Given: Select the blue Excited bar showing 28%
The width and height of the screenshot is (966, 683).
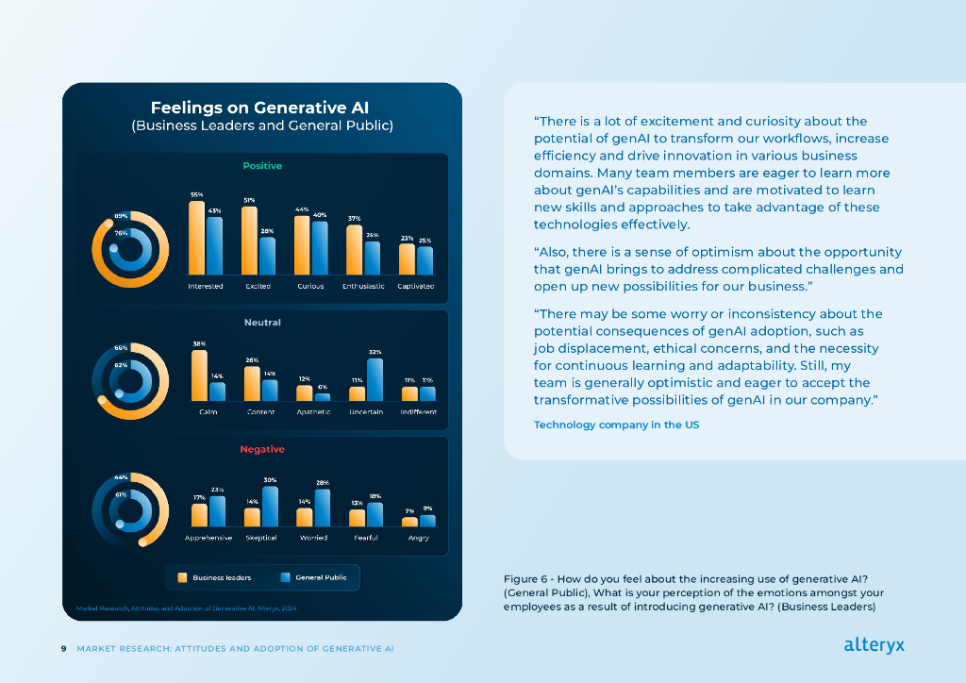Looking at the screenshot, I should click(x=267, y=255).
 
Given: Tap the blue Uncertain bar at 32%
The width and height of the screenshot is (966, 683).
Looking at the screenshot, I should click(x=375, y=379).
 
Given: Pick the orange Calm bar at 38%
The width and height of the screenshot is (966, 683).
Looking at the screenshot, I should click(x=199, y=375).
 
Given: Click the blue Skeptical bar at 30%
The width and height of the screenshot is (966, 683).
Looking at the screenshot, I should click(x=270, y=506).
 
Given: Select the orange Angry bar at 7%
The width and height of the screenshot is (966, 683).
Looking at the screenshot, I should click(x=409, y=522).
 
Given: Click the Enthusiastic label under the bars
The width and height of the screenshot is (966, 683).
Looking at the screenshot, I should click(x=363, y=286).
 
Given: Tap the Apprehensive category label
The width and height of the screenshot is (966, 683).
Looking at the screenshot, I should click(x=208, y=538).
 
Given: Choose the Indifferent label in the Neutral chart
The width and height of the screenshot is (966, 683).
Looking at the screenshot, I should click(x=418, y=412).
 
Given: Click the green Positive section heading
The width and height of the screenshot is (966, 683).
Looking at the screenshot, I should click(x=262, y=166).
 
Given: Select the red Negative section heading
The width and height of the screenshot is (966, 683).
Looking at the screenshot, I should click(x=262, y=449).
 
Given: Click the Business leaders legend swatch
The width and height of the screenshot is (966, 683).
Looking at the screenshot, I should click(x=182, y=577).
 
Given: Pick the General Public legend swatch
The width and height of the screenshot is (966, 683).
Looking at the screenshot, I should click(x=285, y=577).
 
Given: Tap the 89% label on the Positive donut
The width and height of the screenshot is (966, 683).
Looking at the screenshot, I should click(x=121, y=216).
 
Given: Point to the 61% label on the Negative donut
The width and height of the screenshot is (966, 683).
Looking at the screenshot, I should click(x=121, y=494).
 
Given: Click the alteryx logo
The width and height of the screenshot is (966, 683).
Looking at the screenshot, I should click(x=874, y=645).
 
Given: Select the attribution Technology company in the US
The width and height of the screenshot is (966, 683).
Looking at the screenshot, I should click(x=617, y=425).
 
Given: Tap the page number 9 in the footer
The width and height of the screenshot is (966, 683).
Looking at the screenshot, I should click(x=63, y=649).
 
